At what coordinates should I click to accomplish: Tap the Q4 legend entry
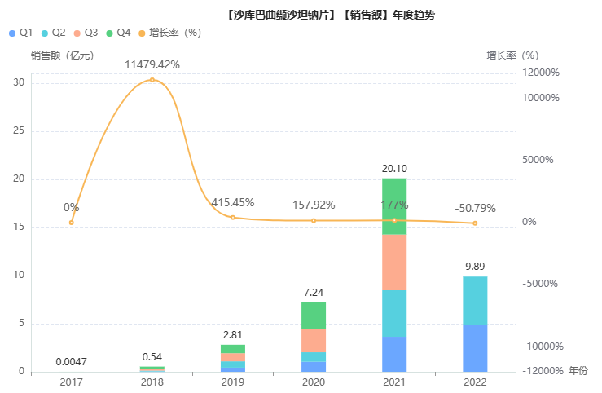[118, 33]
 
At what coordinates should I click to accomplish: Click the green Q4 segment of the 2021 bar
[394, 205]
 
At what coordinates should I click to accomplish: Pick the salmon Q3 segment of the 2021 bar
[394, 262]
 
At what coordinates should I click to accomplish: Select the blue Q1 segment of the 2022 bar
[475, 348]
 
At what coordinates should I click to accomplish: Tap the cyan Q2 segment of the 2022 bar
[475, 301]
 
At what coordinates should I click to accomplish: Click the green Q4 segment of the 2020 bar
[314, 316]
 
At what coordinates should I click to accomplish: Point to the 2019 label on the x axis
[233, 382]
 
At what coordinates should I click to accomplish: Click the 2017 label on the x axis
[72, 382]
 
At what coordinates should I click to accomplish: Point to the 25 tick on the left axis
[19, 131]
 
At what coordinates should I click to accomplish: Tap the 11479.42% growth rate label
[152, 64]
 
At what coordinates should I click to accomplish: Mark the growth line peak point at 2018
[152, 80]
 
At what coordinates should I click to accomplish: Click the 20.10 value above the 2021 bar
[394, 169]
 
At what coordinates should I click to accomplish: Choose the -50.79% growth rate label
[475, 208]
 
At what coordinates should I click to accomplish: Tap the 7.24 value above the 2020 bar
[314, 292]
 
